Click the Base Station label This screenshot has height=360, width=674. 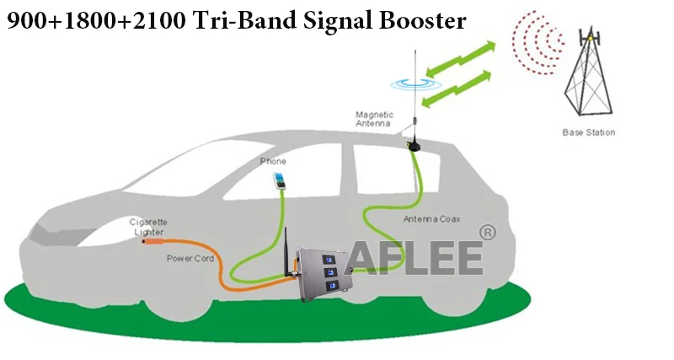588,132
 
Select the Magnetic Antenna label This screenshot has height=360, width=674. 374,119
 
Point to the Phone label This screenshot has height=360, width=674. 273,161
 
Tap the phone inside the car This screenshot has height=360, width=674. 277,180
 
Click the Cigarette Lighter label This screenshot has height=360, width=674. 147,226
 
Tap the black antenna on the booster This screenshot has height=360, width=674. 286,250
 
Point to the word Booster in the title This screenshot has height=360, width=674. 421,19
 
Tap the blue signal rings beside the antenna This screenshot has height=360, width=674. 414,83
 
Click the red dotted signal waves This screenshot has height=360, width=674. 539,42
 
